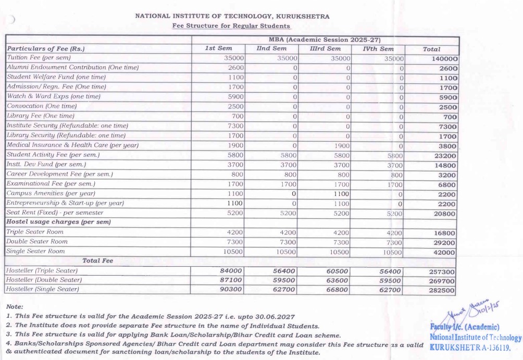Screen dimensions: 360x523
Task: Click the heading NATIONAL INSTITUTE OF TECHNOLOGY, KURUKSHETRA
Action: pos(232,16)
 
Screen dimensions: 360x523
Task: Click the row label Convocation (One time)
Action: pos(42,106)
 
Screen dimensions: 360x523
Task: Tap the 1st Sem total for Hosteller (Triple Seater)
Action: pos(230,271)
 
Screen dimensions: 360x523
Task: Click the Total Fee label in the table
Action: pos(97,261)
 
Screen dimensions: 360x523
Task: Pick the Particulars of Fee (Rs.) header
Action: pos(46,49)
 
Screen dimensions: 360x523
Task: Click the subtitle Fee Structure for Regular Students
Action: pos(231,26)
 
